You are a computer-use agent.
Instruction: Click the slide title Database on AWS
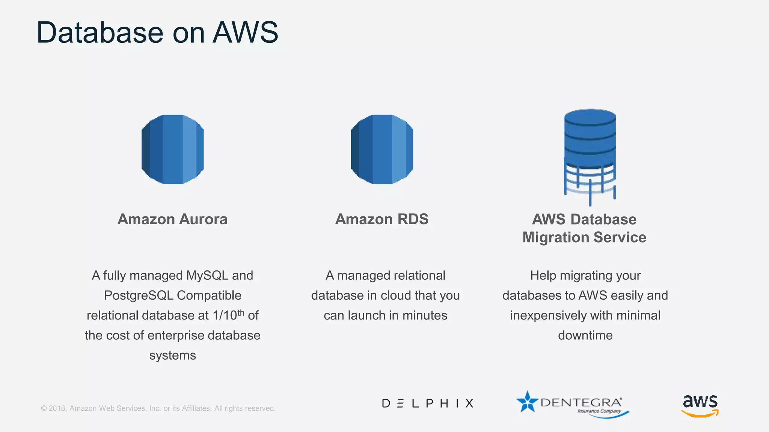click(x=157, y=33)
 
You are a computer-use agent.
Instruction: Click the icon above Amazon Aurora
click(x=173, y=149)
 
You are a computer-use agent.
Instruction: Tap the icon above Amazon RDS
click(x=382, y=149)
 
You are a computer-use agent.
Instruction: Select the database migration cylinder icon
click(x=590, y=156)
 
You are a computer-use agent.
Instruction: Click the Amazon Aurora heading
click(x=172, y=219)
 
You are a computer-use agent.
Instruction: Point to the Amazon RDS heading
click(x=382, y=219)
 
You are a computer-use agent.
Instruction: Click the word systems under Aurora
click(x=172, y=355)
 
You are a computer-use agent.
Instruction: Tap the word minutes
click(x=425, y=315)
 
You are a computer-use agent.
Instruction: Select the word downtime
click(x=585, y=335)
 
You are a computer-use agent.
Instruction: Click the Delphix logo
click(x=428, y=403)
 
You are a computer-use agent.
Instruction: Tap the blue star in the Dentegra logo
click(x=527, y=402)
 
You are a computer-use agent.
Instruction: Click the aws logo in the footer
click(x=700, y=405)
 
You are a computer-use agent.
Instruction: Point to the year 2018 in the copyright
click(x=57, y=408)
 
